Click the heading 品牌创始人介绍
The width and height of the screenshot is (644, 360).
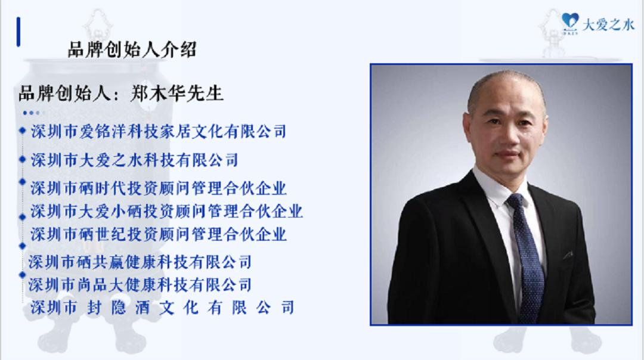pos(132,49)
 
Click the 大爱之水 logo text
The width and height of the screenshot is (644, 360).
pos(608,25)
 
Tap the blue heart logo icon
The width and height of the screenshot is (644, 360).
pos(570,22)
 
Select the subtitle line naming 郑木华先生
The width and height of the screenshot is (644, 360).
pos(120,94)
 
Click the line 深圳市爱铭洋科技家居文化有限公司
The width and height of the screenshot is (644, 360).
pos(158,131)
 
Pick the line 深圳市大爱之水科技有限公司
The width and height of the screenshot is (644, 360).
pos(134,160)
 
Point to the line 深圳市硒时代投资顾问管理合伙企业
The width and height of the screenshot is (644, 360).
pos(158,188)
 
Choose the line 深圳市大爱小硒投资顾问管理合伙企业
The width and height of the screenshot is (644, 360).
pos(166,211)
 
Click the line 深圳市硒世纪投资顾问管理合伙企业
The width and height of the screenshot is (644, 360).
pos(158,234)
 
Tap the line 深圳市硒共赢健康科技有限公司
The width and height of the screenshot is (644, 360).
pos(140,262)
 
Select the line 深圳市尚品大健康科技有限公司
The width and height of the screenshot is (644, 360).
pos(140,284)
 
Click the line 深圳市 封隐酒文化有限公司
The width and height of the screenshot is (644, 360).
pos(162,307)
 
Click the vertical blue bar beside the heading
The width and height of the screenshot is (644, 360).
pos(18,32)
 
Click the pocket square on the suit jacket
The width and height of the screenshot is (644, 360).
pos(568,255)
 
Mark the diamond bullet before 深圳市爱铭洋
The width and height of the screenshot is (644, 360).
pos(23,131)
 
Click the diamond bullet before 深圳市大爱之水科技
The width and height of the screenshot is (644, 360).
pos(23,159)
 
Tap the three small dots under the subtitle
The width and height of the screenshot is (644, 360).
pos(32,113)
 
